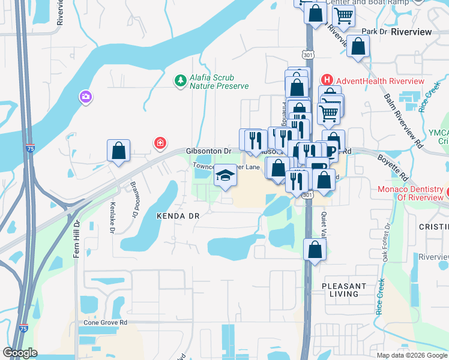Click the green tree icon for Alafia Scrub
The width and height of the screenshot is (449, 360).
point(179,80)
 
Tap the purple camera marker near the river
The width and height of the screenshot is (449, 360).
point(85,96)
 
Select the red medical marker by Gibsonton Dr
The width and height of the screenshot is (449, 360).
point(160,143)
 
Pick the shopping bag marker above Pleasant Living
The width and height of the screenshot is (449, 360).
point(315,248)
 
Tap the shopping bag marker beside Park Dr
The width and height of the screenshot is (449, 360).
point(358,47)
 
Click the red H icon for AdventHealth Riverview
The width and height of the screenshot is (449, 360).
point(327,80)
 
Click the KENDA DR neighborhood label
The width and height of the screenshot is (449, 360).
point(177,215)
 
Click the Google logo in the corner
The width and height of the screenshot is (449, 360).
point(20,353)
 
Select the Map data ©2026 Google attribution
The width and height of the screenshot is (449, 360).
point(411,355)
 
